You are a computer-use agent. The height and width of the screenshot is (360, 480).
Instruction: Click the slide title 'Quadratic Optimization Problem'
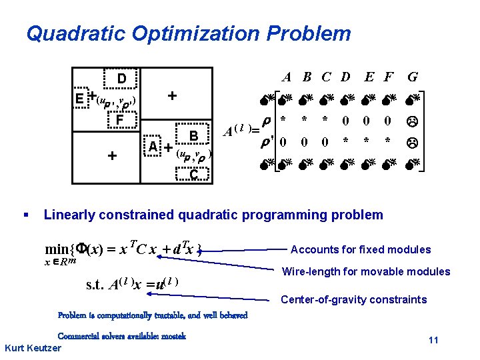click(x=188, y=33)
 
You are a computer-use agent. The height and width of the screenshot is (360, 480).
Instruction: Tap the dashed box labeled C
click(x=193, y=175)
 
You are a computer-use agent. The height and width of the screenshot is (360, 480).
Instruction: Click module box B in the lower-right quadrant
click(x=193, y=136)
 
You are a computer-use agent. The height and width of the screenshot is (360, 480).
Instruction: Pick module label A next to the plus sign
click(x=153, y=147)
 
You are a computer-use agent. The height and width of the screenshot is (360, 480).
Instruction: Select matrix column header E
click(x=369, y=77)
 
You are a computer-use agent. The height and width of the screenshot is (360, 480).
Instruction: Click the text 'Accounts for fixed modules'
click(x=361, y=250)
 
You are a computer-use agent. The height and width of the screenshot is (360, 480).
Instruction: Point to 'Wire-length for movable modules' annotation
click(x=366, y=271)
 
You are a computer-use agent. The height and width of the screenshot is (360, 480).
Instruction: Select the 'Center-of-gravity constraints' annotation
click(x=353, y=299)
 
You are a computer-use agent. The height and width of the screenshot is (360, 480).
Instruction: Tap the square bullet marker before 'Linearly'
click(x=25, y=215)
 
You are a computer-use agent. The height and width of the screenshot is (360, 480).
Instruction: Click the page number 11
click(x=433, y=341)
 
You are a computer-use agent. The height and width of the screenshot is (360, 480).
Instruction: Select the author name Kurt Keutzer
click(x=33, y=348)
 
